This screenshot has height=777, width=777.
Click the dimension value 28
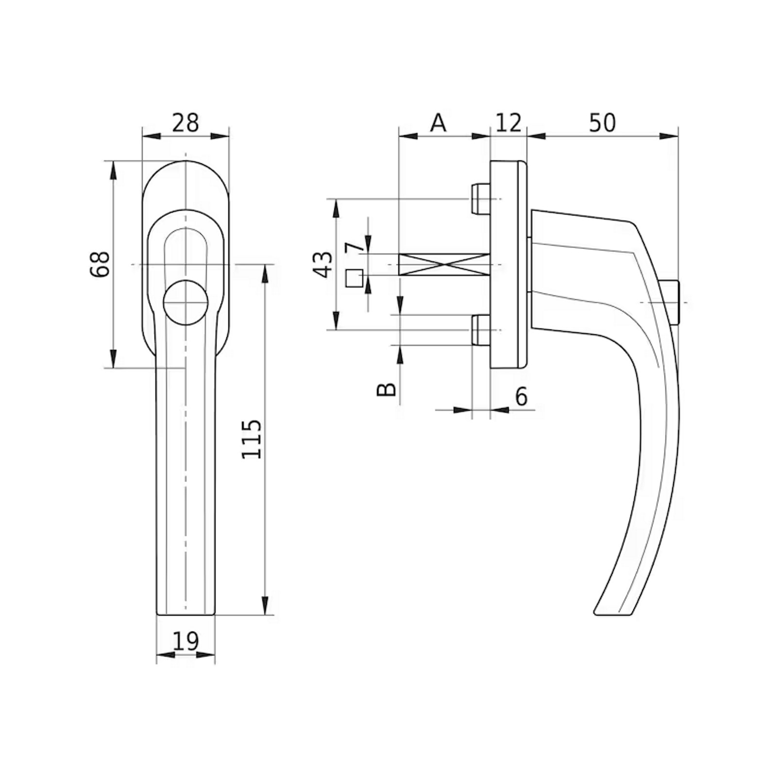point(186,122)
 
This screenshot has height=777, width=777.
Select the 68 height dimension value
point(100,264)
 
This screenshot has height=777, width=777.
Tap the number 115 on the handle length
point(252,439)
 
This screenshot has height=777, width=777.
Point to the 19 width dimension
point(186,641)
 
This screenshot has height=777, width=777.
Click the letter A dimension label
point(438,122)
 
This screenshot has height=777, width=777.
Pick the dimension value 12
point(508,122)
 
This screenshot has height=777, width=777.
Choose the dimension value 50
point(602,122)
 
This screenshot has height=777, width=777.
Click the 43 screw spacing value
point(323,265)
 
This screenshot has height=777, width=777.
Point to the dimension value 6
point(521,397)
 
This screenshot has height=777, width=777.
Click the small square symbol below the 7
point(354,278)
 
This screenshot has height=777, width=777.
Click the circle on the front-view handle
point(186,302)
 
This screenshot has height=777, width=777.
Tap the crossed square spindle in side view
point(444,264)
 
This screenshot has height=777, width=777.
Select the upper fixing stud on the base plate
point(481,199)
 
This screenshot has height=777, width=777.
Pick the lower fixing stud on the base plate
point(481,330)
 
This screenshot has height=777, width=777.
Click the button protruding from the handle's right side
point(670,302)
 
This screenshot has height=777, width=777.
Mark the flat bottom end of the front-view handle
point(186,615)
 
